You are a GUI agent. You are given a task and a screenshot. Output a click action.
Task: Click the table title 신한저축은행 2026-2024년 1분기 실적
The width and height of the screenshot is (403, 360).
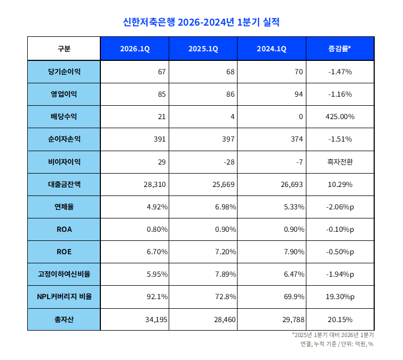(201, 22)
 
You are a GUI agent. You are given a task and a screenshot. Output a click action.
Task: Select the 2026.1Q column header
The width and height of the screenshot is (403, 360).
(135, 49)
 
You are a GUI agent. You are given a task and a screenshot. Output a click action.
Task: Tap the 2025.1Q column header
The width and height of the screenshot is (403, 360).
(203, 49)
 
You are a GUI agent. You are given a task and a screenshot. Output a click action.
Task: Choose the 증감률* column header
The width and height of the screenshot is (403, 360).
(340, 49)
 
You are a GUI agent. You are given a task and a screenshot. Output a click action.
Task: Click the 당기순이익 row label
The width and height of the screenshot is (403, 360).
(64, 72)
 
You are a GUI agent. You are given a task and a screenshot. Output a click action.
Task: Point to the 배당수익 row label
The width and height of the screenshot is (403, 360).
(64, 116)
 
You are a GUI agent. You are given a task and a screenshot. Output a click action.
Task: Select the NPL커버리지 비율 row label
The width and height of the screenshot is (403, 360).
(64, 296)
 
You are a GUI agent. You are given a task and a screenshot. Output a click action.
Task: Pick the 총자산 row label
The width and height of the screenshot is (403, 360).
(64, 319)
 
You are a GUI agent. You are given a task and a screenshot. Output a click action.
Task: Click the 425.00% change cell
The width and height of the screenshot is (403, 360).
(340, 116)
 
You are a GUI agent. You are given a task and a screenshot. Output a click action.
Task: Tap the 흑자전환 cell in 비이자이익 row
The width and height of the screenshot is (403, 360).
(340, 161)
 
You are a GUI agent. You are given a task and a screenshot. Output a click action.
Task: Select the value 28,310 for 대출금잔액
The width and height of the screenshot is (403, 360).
(155, 184)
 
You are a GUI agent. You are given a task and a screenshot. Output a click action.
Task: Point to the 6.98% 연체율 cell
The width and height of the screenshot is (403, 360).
(225, 207)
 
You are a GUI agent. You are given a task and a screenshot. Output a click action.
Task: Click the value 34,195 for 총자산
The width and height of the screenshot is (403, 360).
(155, 319)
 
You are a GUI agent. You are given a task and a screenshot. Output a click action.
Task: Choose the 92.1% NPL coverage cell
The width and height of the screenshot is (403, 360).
(157, 296)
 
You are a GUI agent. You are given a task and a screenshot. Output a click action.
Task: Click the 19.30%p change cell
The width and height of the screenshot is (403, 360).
(340, 296)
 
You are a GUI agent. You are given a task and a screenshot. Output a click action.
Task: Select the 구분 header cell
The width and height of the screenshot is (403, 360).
(64, 49)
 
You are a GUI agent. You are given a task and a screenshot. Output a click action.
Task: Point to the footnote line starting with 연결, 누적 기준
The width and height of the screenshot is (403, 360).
(337, 344)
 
